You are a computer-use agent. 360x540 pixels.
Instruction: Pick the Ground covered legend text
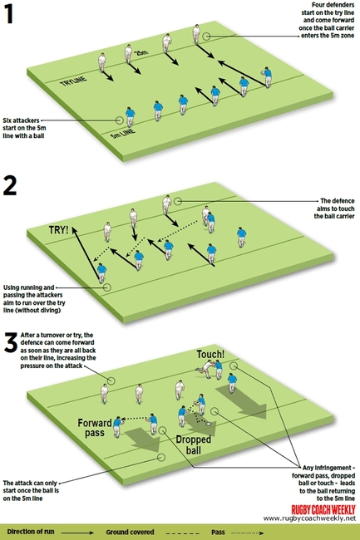pos(160,530)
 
